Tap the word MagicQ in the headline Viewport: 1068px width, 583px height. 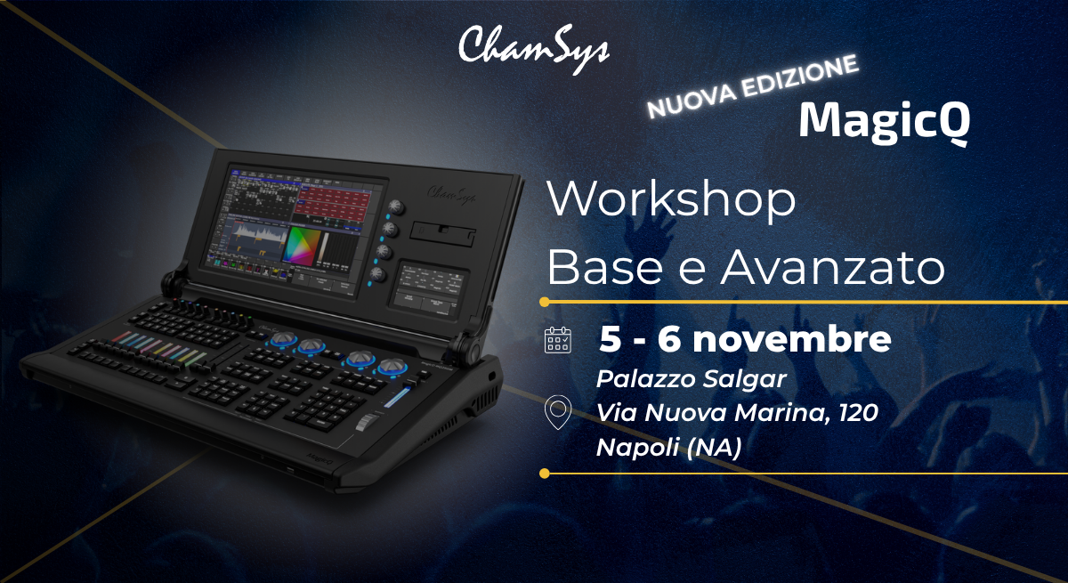point(885,122)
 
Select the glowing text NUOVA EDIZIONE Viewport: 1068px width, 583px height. point(753,86)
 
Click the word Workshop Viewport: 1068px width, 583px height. point(671,199)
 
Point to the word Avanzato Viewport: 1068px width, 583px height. point(832,267)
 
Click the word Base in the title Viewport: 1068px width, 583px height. point(605,267)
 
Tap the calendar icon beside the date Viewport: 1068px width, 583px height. point(558,340)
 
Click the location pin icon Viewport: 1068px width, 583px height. point(558,412)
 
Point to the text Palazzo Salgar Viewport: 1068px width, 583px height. point(691,380)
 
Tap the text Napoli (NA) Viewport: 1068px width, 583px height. point(669,448)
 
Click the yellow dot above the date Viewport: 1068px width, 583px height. point(545,302)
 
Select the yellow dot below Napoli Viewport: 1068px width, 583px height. point(545,474)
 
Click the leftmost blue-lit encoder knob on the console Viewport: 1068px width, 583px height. point(284,340)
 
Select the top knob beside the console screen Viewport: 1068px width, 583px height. point(396,207)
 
